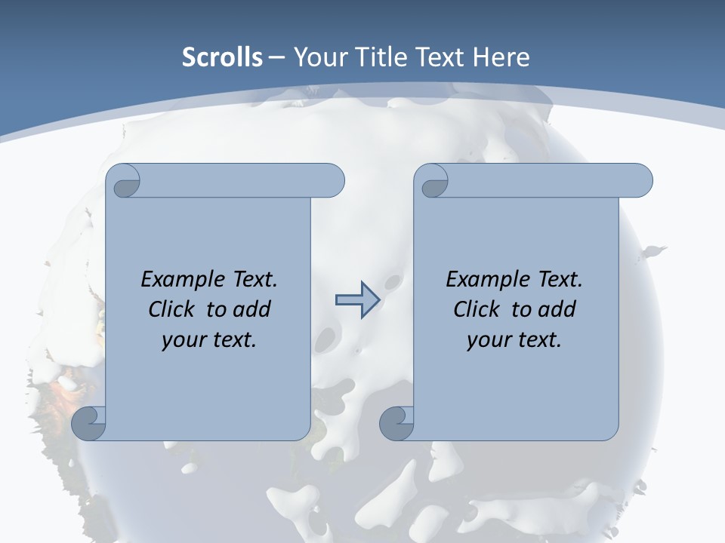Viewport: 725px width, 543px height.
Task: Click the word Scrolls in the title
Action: (x=223, y=57)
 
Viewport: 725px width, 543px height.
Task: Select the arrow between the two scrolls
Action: (x=357, y=300)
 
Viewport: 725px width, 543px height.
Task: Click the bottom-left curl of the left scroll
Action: (x=89, y=424)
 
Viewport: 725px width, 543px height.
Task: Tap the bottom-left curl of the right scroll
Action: (x=396, y=424)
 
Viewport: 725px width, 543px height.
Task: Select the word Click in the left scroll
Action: (x=172, y=309)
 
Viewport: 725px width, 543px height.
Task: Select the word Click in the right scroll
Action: (x=477, y=309)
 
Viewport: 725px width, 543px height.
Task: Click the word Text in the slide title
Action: (x=439, y=57)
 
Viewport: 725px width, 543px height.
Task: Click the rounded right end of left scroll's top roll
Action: (x=332, y=180)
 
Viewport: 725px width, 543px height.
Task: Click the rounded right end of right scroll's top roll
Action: (x=640, y=180)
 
